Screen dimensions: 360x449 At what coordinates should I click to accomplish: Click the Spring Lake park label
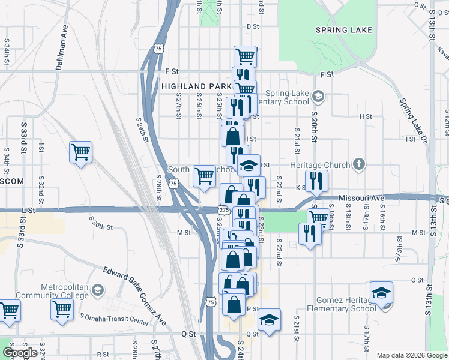[x=345, y=29]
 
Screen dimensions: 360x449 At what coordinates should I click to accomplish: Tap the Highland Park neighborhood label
[x=196, y=86]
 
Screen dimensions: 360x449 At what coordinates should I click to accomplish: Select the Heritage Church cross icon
[x=358, y=164]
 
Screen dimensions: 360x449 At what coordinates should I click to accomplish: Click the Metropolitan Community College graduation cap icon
[x=97, y=292]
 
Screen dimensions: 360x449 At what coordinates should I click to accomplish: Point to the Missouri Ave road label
[x=361, y=197]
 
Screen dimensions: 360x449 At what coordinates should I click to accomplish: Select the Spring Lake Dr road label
[x=414, y=121]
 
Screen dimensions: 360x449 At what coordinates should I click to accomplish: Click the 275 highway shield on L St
[x=224, y=210]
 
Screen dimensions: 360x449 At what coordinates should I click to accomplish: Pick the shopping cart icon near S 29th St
[x=80, y=152]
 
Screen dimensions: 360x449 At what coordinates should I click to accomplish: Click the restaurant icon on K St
[x=316, y=181]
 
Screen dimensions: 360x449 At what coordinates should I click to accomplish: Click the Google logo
[x=20, y=353]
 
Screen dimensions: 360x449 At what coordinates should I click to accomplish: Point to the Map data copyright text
[x=412, y=355]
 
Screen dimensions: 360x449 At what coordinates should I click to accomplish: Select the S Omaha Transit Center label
[x=114, y=319]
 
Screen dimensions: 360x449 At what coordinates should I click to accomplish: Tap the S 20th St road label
[x=314, y=126]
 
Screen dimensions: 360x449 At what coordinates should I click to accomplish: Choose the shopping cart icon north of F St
[x=246, y=57]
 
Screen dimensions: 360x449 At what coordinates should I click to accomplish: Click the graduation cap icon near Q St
[x=270, y=320]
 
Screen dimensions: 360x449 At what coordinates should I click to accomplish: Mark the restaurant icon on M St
[x=309, y=233]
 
